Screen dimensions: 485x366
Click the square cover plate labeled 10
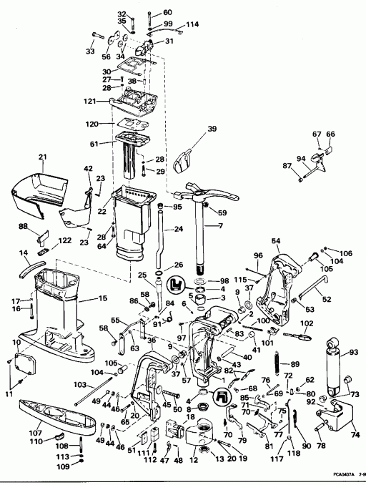point(27,362)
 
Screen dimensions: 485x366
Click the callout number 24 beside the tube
point(179,230)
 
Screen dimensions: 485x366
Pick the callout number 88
point(23,227)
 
